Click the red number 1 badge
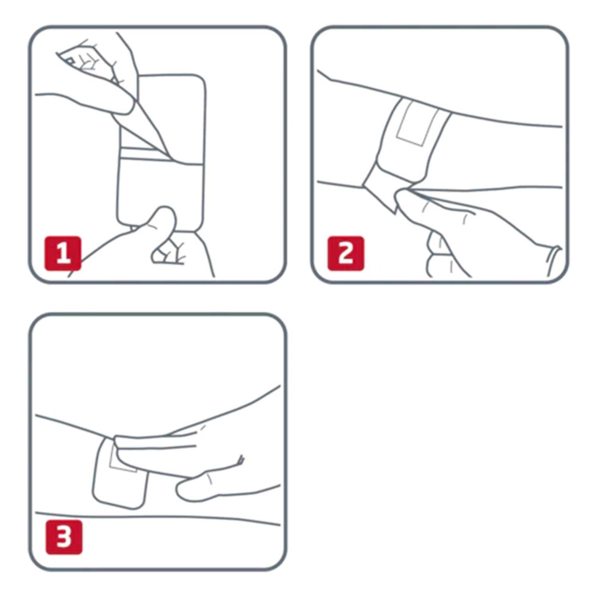[63, 253]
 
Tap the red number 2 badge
[346, 253]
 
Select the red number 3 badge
[64, 537]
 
